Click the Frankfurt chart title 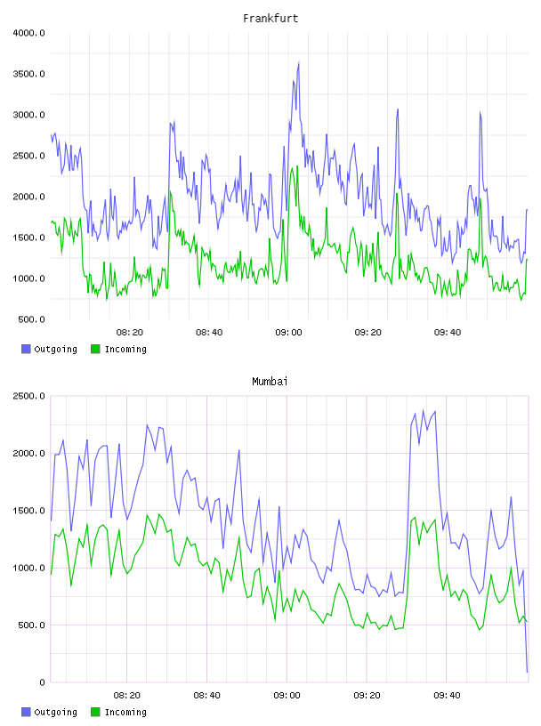(x=270, y=19)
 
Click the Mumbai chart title (x=270, y=381)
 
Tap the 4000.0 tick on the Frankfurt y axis (x=28, y=33)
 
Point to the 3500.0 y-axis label (x=28, y=74)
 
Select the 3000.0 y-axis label (x=28, y=115)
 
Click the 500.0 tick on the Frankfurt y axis (x=31, y=319)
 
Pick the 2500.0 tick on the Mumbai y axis (x=28, y=396)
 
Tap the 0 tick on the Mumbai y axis (x=42, y=682)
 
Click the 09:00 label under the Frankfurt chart (x=288, y=333)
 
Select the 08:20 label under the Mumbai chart (x=127, y=695)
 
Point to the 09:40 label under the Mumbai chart (x=447, y=695)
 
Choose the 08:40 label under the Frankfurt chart (x=209, y=333)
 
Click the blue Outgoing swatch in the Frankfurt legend (x=26, y=349)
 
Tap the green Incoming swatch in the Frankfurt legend (x=95, y=349)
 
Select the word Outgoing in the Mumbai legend (x=55, y=712)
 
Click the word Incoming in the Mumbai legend (x=125, y=712)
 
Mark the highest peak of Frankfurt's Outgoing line (x=299, y=62)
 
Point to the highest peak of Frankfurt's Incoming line (x=297, y=166)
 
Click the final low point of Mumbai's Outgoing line (x=527, y=672)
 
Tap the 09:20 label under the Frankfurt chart (x=367, y=333)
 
